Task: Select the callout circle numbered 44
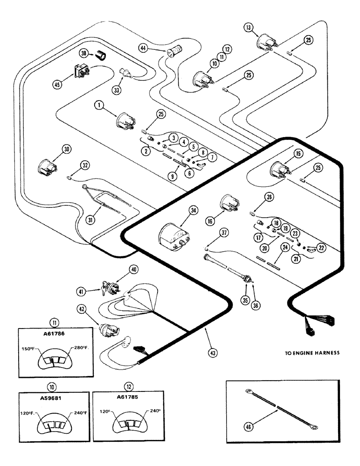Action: pos(143,47)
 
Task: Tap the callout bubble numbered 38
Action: pos(84,54)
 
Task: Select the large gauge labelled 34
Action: pos(173,231)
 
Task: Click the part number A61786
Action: pos(52,340)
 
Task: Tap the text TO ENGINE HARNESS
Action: pos(312,353)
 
